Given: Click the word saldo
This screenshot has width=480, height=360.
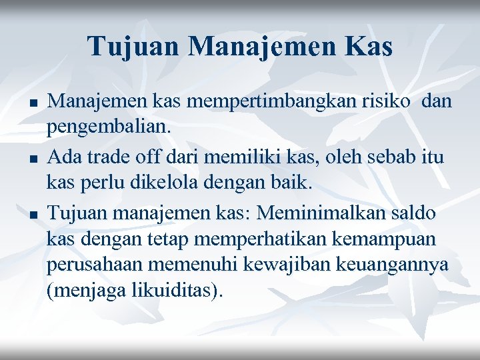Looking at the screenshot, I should (x=417, y=213).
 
